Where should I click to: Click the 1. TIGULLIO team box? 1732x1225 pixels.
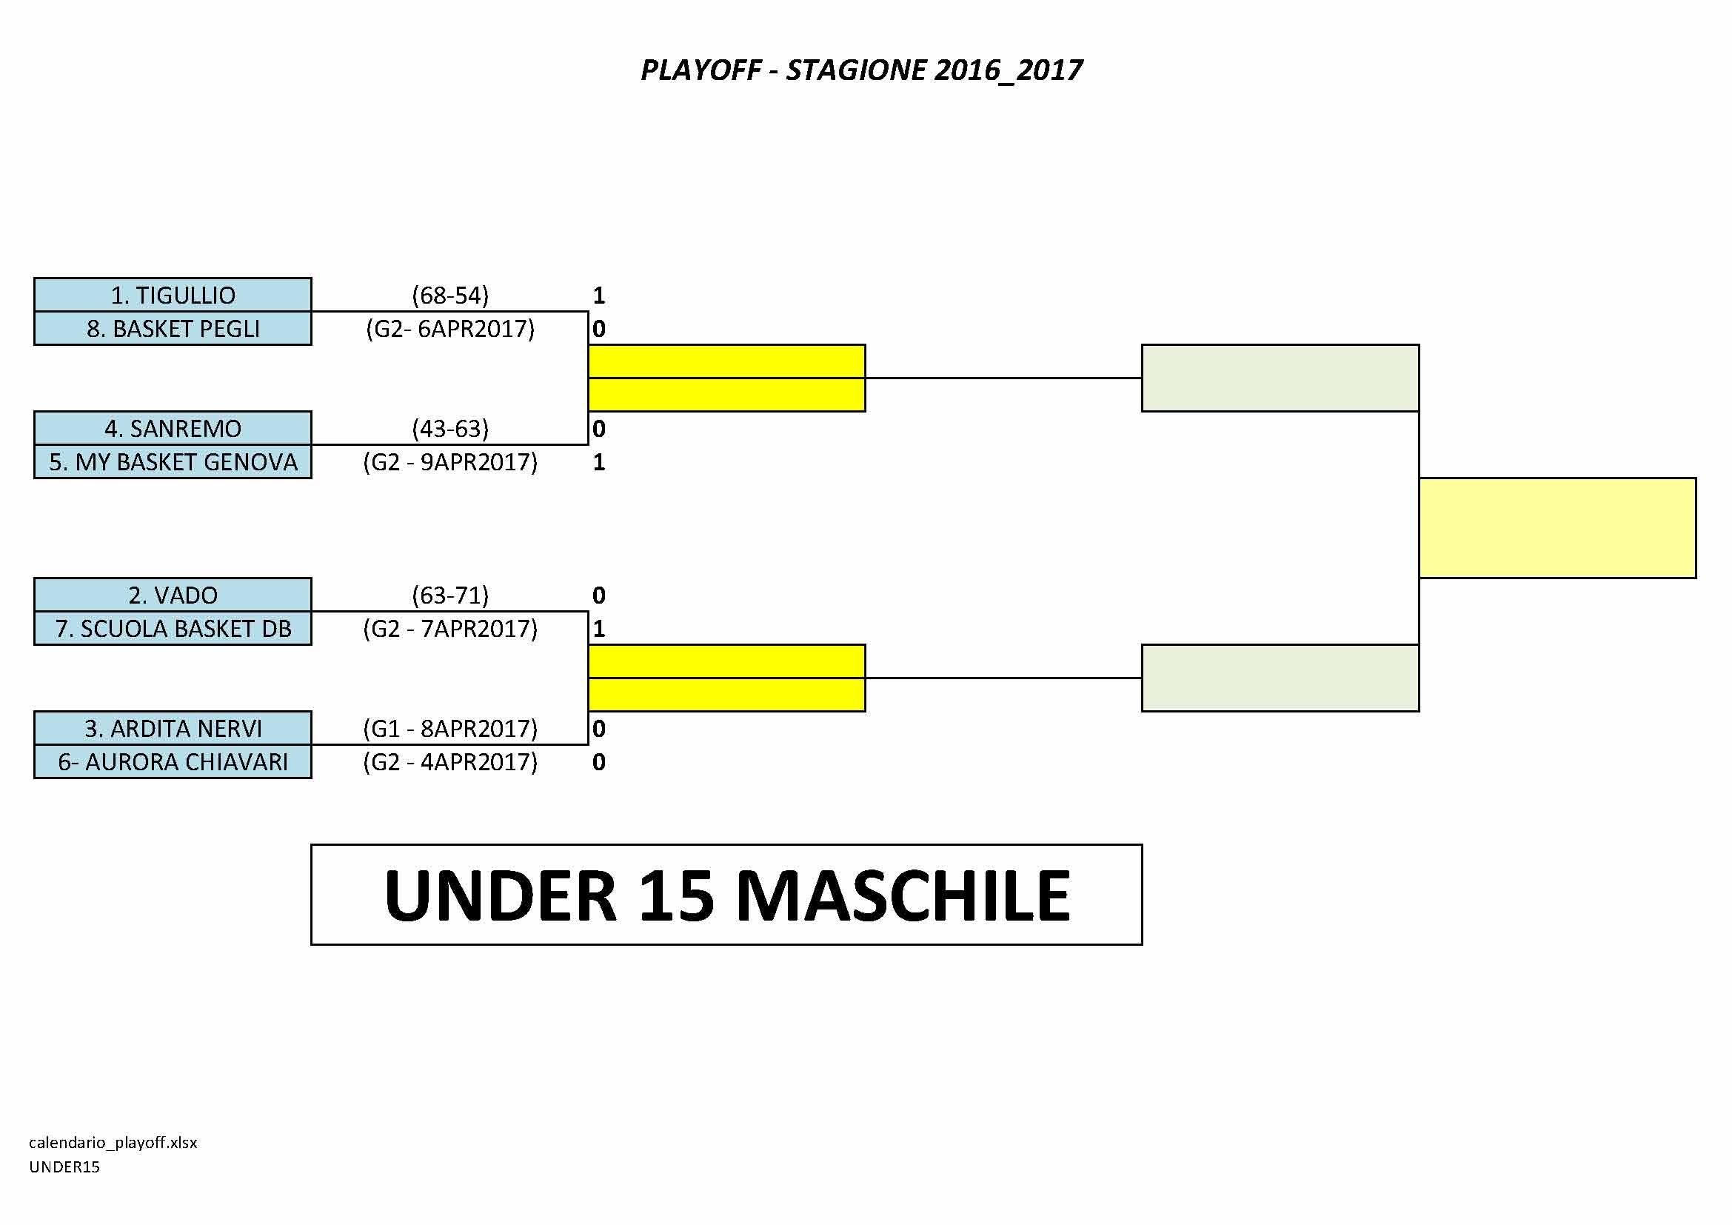173,295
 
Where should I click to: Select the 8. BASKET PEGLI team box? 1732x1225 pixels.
173,328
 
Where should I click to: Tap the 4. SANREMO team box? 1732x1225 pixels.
173,428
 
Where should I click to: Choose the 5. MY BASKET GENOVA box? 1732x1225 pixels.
173,461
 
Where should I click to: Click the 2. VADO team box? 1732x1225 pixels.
173,595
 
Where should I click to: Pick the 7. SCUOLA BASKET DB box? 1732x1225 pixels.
173,628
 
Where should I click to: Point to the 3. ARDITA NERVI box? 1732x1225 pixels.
173,729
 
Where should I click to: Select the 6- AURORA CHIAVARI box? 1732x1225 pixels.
173,762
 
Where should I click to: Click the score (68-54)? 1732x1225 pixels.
450,295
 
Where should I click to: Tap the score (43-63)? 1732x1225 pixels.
450,428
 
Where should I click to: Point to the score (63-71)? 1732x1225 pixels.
450,595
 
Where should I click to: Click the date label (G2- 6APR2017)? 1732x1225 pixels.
450,329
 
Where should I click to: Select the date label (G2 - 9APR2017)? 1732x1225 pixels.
450,462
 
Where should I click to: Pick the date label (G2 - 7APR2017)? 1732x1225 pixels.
450,629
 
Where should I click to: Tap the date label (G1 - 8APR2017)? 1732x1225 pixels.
450,729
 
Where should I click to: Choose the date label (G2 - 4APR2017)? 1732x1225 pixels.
450,763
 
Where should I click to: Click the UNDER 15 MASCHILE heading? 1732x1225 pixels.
727,895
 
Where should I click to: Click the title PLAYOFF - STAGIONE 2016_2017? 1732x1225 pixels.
861,70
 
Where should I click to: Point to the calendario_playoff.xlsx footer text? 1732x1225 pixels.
113,1143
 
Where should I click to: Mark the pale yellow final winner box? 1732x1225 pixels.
1558,528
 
